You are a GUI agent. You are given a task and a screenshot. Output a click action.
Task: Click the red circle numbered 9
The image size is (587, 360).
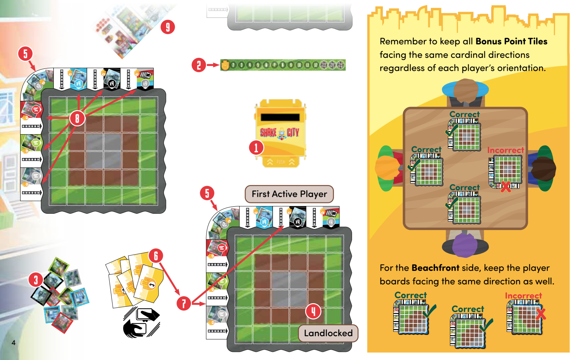point(168,27)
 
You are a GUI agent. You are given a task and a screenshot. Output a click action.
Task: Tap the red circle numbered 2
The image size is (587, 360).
point(199,65)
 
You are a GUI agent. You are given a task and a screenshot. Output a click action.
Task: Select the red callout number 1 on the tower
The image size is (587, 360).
point(256,148)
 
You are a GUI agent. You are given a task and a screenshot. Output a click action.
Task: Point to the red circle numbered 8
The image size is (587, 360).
point(77,118)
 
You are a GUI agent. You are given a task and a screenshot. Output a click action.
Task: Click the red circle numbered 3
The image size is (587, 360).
point(35,280)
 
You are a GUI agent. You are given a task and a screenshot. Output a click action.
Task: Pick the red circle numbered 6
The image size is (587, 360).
point(156,256)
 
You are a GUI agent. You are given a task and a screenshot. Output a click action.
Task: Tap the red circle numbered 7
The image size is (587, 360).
point(184,303)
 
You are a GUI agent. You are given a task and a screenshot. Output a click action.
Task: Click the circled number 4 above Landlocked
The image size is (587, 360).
point(313,311)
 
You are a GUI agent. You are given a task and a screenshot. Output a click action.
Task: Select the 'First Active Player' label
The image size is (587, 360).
point(289,194)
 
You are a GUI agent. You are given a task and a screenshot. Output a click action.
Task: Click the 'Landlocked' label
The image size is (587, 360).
point(328,333)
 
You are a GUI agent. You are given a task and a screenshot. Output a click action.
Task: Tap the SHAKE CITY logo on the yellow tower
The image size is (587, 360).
point(280,132)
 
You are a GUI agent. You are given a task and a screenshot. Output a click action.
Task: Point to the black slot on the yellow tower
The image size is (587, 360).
point(280,117)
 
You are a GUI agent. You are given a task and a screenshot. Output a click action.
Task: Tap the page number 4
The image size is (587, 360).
point(13,343)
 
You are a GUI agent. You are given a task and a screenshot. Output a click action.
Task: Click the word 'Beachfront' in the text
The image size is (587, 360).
point(435,268)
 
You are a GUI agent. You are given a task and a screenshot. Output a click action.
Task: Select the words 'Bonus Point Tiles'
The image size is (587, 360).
point(511,42)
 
